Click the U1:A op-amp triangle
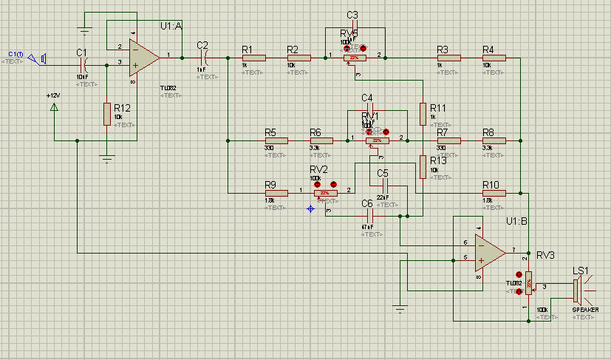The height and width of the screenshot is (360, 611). [x=142, y=57]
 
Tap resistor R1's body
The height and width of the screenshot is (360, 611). [x=253, y=57]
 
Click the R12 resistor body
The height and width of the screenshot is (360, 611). [x=108, y=114]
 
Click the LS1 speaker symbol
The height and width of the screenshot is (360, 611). [x=578, y=288]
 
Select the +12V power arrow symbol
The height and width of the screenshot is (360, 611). [x=54, y=108]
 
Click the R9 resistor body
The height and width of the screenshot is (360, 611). [x=276, y=193]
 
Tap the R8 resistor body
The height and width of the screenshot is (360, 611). [x=493, y=140]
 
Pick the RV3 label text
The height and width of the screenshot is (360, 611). [x=545, y=255]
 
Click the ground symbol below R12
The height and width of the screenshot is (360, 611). [x=108, y=157]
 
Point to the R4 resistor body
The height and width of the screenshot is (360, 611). [x=493, y=57]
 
